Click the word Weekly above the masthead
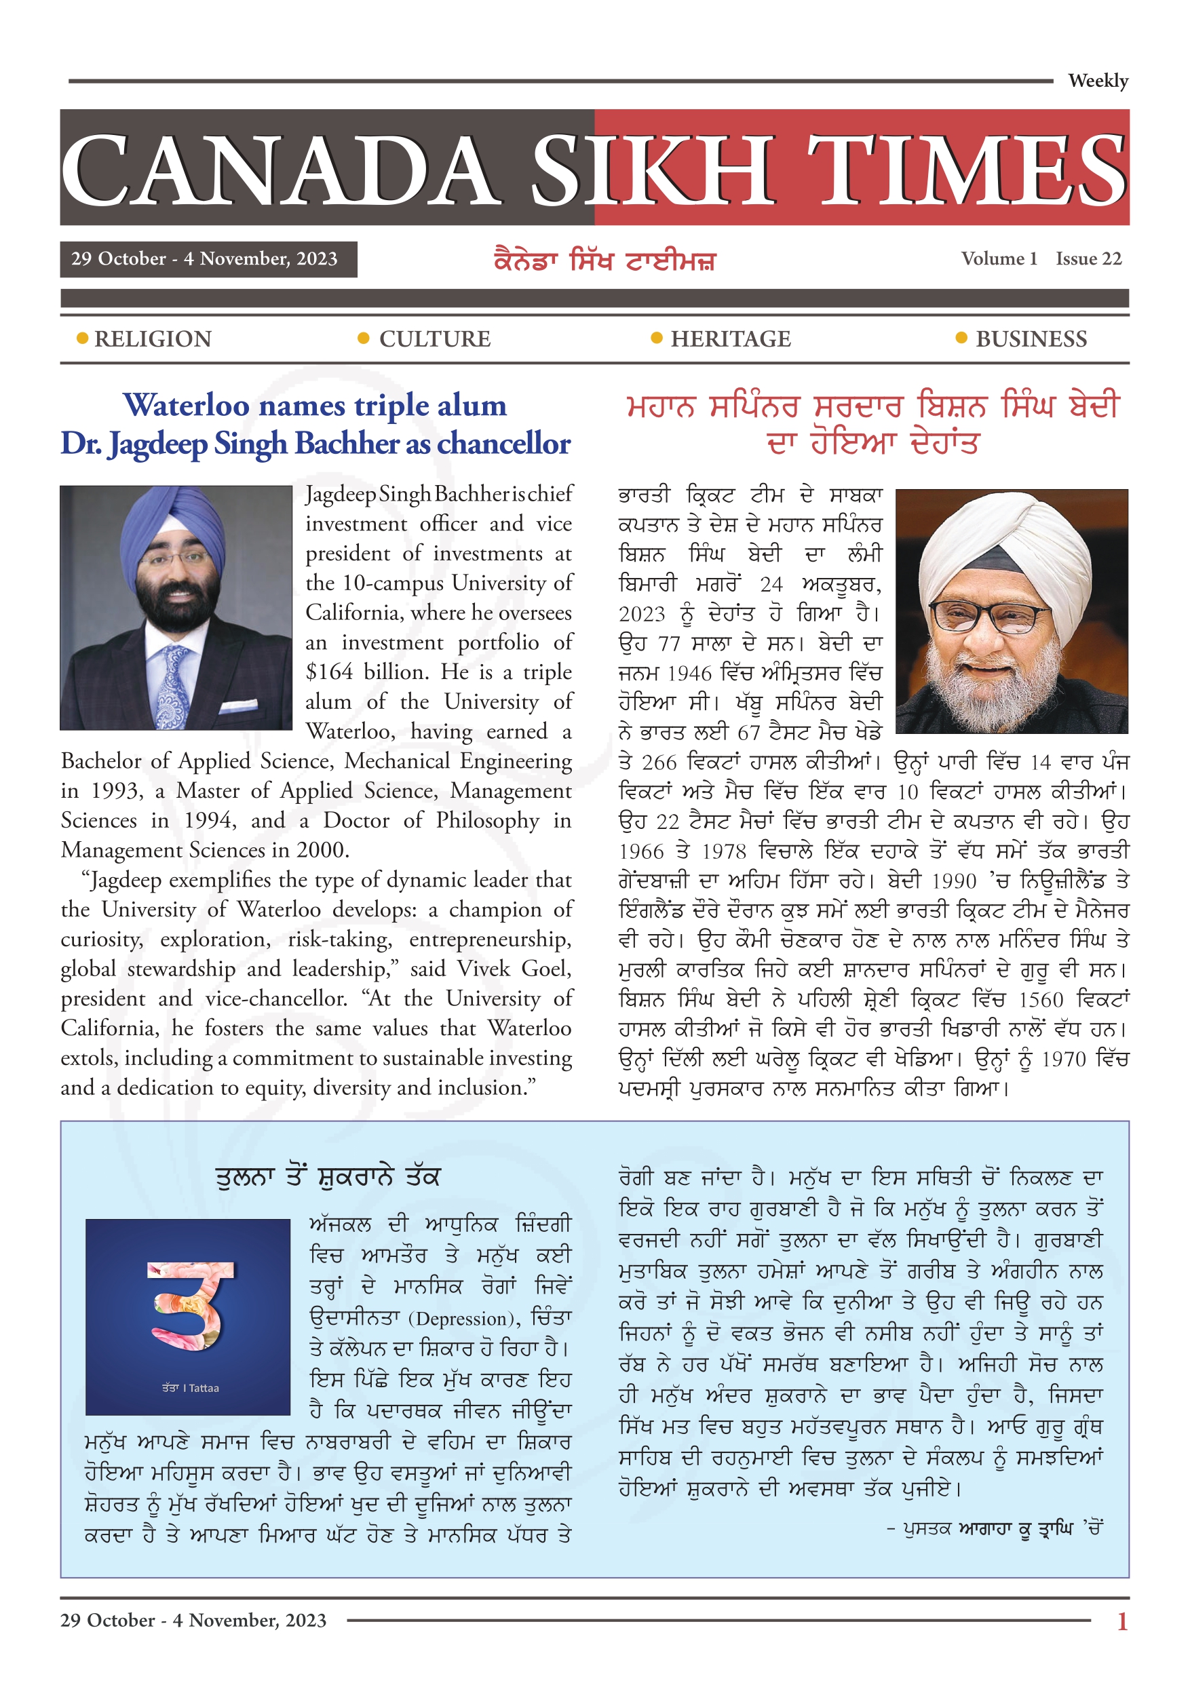(1097, 81)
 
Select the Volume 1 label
(999, 258)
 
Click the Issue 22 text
(1088, 258)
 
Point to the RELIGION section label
(153, 338)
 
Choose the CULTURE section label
(434, 338)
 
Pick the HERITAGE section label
(730, 338)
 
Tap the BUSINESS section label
(1031, 338)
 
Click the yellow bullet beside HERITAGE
(656, 338)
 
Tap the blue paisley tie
(174, 685)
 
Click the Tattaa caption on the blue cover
(190, 1388)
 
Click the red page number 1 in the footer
(1121, 1621)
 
